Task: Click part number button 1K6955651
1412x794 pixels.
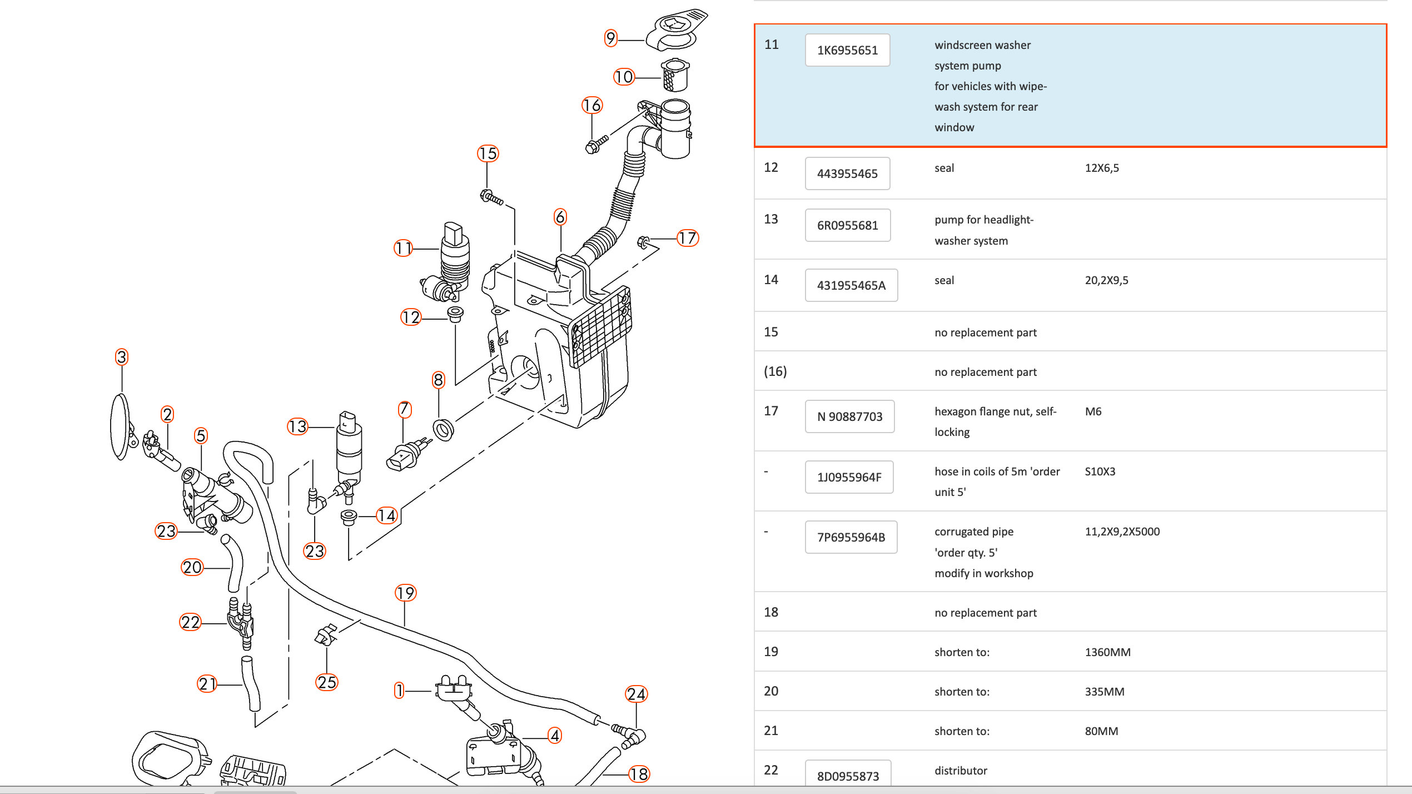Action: [847, 51]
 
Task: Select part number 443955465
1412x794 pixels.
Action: [847, 174]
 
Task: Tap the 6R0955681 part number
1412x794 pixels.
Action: [847, 226]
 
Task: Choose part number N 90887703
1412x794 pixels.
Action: [849, 417]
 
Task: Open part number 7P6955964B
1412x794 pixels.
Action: [851, 538]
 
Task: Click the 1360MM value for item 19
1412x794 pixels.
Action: [1107, 652]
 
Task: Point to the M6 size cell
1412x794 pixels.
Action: [1093, 412]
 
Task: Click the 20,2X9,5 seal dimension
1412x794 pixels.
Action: [1106, 281]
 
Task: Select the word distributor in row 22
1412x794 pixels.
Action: [961, 771]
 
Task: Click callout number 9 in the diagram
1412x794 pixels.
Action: [611, 38]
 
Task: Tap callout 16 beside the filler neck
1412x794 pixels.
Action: [592, 106]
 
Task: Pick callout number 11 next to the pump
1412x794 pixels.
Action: [404, 248]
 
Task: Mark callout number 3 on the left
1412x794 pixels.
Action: [122, 357]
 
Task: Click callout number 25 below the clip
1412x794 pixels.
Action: [327, 682]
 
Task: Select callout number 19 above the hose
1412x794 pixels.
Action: [405, 593]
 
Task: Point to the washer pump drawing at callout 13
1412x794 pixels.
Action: [349, 450]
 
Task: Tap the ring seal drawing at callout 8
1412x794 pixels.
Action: [443, 430]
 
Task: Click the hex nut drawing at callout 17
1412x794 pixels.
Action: [643, 242]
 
